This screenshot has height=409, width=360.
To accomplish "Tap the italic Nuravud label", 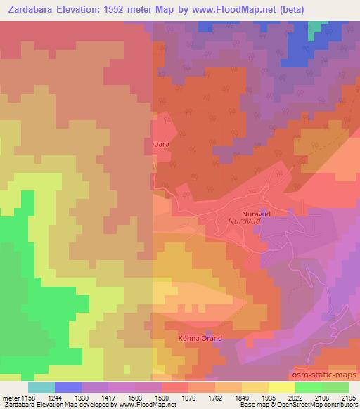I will click(244, 221).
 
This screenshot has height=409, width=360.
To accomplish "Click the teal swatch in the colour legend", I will click(41, 387).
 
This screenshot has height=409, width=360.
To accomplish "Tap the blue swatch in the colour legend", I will click(67, 387).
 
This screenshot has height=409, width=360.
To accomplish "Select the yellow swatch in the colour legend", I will click(281, 387).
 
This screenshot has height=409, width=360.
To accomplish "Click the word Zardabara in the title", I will click(34, 9).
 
